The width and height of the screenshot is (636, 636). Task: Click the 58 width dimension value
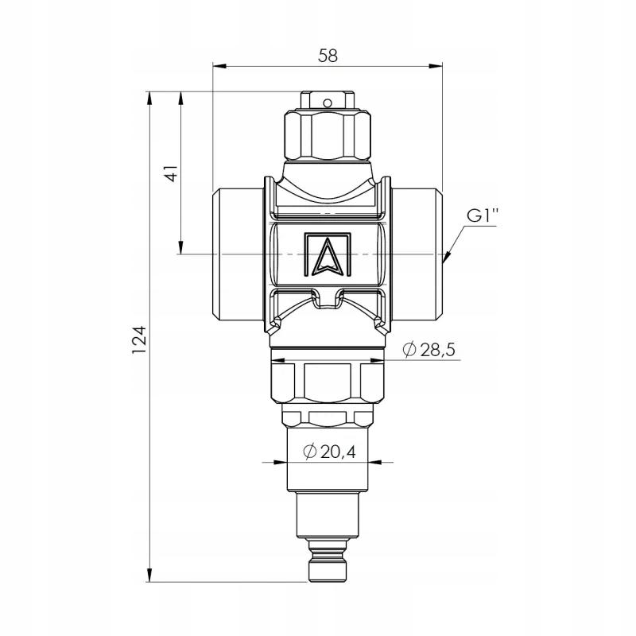tap(328, 56)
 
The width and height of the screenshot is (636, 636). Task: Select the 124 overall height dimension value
tap(138, 339)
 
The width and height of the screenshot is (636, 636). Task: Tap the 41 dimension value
tap(173, 173)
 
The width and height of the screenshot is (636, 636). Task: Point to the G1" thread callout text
tap(482, 215)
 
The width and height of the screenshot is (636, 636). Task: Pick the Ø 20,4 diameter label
tap(329, 452)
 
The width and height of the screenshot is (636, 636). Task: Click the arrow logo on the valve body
tap(328, 254)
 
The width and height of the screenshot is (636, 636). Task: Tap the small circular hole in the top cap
tap(327, 103)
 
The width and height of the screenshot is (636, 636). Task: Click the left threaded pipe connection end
tap(237, 254)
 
